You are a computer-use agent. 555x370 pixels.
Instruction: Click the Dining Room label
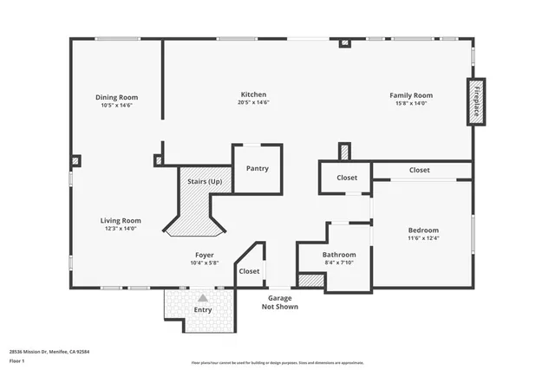116,97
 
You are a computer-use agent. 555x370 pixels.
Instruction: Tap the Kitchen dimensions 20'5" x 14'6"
253,103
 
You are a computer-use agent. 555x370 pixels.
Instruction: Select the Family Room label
412,94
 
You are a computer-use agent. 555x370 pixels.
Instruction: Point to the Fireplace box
476,102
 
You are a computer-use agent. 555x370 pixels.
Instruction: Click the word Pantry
257,168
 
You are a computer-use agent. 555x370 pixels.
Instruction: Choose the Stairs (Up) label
205,182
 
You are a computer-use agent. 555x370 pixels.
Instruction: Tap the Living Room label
121,220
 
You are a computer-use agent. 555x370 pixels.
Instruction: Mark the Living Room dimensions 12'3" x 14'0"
121,229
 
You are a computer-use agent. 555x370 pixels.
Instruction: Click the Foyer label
204,255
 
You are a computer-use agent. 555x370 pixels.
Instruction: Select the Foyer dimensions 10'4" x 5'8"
204,263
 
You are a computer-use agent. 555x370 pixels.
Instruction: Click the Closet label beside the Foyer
249,271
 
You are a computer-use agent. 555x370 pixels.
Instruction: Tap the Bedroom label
423,230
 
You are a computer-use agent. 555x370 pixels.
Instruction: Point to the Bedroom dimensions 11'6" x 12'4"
423,238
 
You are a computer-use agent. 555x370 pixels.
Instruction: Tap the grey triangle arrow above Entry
203,297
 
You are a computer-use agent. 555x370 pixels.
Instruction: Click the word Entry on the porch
203,309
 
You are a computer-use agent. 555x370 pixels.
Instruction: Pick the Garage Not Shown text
280,302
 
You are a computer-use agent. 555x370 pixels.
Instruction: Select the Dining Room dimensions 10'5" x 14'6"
116,106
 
